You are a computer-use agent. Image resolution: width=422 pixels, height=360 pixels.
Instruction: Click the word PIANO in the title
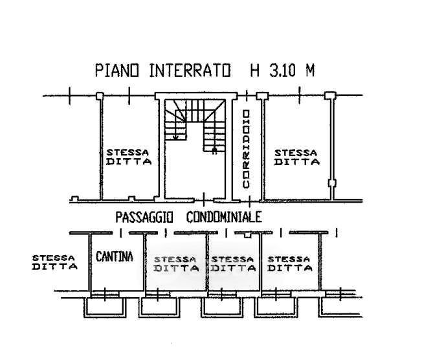pyautogui.click(x=117, y=71)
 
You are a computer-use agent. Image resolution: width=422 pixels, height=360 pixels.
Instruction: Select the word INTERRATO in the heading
pyautogui.click(x=190, y=71)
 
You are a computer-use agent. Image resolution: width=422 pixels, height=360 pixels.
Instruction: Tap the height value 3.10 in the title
pyautogui.click(x=282, y=71)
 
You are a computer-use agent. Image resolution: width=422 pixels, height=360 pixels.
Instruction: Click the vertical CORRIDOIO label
pyautogui.click(x=246, y=149)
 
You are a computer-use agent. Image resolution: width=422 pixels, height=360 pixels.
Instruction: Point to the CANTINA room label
pyautogui.click(x=115, y=256)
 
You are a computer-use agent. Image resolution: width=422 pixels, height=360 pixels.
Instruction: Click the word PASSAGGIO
pyautogui.click(x=144, y=217)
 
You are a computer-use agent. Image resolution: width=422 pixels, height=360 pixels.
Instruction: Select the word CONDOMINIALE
pyautogui.click(x=224, y=217)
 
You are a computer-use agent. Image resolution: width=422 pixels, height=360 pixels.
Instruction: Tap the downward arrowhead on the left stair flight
pyautogui.click(x=175, y=137)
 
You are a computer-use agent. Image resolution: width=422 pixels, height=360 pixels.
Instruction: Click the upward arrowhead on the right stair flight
pyautogui.click(x=214, y=150)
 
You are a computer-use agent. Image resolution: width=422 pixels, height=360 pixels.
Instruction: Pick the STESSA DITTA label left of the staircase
pyautogui.click(x=129, y=157)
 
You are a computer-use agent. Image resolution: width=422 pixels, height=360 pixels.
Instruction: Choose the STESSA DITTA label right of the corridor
pyautogui.click(x=296, y=157)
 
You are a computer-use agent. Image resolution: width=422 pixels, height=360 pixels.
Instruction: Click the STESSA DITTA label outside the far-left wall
pyautogui.click(x=54, y=262)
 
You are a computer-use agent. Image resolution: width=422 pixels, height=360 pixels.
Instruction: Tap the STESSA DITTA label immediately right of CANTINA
pyautogui.click(x=176, y=264)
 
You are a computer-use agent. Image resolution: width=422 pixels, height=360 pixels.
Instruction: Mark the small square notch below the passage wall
pyautogui.click(x=247, y=235)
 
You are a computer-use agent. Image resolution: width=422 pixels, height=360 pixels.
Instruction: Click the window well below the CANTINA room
pyautogui.click(x=105, y=307)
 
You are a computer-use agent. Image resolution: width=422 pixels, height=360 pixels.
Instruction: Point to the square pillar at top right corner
pyautogui.click(x=330, y=96)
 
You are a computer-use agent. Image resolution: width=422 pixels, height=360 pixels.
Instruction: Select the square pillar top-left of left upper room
pyautogui.click(x=100, y=96)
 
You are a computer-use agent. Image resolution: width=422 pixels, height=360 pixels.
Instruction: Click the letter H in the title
pyautogui.click(x=254, y=71)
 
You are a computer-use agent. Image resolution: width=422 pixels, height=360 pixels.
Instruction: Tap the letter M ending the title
pyautogui.click(x=309, y=71)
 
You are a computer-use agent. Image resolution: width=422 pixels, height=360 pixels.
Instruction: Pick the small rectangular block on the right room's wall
pyautogui.click(x=333, y=183)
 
